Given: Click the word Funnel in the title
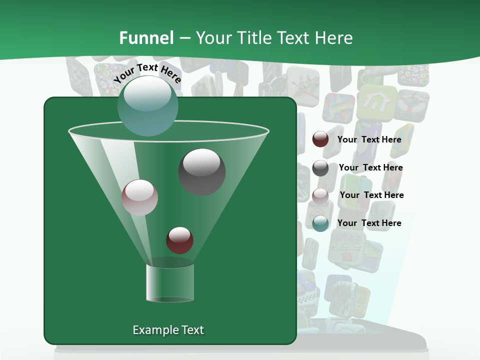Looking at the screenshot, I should pos(146,38).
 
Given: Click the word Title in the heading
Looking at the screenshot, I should pos(250,38).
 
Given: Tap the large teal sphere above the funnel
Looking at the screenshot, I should pos(147,105).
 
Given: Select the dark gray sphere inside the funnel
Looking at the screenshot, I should pos(201,172).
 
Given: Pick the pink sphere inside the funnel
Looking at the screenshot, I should pos(139,197).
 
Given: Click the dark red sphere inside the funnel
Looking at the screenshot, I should pos(179,240).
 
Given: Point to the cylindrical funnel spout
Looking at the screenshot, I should pos(170,282).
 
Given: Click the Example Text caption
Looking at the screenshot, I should pos(168,330).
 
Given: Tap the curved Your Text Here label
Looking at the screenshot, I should pos(147,73).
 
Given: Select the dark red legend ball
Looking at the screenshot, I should pos(320,139).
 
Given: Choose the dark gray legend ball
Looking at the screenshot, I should pos(320,168).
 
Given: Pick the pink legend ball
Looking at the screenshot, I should pos(320,195).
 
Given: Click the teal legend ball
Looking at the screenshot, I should pos(320,223).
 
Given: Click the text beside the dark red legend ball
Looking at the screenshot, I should pos(369,139).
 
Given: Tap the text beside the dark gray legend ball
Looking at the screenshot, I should pos(370,167).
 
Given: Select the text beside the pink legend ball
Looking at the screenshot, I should pos(371,195).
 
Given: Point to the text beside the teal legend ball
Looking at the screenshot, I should pos(369,223).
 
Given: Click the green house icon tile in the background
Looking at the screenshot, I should pos(376,102).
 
